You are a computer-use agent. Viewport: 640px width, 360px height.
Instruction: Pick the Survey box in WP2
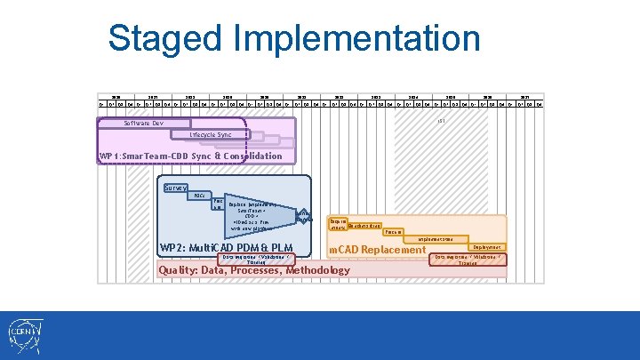(175, 188)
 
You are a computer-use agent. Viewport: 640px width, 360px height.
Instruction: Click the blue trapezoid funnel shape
(258, 214)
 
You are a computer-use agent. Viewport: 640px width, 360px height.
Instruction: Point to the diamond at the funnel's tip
(304, 216)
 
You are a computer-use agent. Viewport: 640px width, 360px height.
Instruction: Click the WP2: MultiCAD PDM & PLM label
(227, 247)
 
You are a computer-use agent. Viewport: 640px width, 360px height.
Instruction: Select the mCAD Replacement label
(378, 250)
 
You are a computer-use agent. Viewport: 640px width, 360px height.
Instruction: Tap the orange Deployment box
(487, 247)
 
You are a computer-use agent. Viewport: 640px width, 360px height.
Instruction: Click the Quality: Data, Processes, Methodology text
(253, 270)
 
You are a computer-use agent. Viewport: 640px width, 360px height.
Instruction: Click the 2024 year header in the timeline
(412, 95)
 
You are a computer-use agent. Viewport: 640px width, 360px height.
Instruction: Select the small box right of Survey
(199, 196)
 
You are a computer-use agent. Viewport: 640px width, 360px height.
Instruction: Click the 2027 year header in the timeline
(524, 95)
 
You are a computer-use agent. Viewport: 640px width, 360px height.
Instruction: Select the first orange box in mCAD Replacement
(338, 224)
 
